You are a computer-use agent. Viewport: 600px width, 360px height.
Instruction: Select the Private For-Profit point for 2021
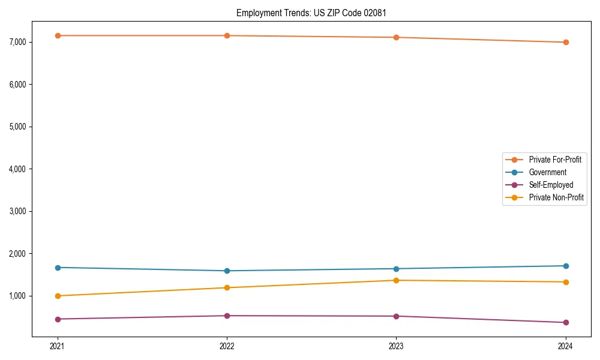click(58, 35)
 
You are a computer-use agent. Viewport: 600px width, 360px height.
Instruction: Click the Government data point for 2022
click(227, 271)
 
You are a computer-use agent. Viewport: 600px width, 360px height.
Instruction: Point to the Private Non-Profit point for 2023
click(396, 280)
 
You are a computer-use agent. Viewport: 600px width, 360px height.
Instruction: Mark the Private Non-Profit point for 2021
click(58, 296)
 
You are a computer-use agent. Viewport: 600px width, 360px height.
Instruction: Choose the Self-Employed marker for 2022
click(227, 316)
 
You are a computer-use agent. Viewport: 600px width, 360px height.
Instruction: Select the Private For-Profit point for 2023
click(396, 37)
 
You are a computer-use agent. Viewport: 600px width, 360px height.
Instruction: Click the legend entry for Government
click(547, 172)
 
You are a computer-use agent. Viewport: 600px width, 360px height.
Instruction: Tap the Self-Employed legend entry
click(551, 185)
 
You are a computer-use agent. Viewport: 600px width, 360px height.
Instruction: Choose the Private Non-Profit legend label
click(556, 197)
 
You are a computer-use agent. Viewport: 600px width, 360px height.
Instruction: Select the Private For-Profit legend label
click(555, 160)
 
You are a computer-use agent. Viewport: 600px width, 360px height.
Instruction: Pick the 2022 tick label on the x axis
click(227, 346)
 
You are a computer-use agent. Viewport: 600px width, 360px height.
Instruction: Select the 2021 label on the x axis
click(58, 346)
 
